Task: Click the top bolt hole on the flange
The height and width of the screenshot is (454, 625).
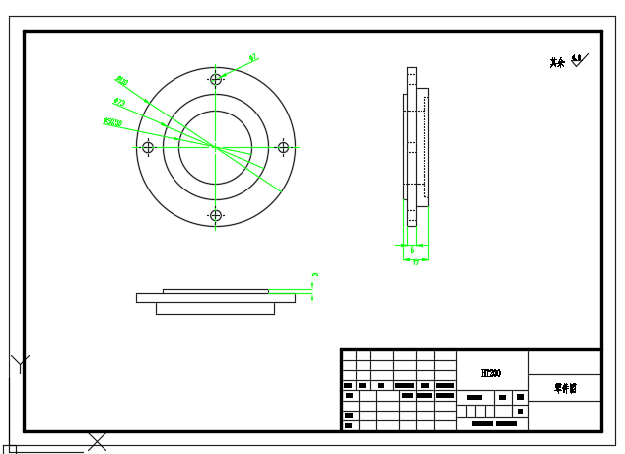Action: click(216, 79)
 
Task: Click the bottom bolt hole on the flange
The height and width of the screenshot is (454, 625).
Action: click(216, 215)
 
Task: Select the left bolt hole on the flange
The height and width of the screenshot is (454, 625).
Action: click(148, 147)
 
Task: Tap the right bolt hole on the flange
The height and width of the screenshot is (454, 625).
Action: click(284, 147)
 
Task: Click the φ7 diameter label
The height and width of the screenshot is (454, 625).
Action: click(253, 58)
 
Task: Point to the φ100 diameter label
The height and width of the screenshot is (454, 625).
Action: click(122, 81)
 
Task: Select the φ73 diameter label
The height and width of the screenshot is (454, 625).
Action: click(119, 102)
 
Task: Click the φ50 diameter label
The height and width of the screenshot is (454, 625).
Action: click(112, 122)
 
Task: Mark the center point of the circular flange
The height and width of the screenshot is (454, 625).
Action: click(216, 147)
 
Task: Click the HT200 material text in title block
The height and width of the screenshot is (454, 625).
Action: click(491, 373)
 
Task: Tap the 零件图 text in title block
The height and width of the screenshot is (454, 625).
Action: click(564, 388)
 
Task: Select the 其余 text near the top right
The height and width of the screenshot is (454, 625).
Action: click(557, 63)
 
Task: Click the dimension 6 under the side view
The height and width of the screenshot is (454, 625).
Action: click(412, 251)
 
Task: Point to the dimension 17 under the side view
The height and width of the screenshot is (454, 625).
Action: click(415, 263)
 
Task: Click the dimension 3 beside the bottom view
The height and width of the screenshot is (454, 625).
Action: click(314, 276)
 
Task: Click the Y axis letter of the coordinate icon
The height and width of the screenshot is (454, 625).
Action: click(20, 363)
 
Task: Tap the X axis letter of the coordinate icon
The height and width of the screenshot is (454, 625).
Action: click(97, 441)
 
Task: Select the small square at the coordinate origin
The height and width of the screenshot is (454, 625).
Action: click(11, 449)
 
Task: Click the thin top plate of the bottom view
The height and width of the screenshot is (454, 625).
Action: click(215, 291)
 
